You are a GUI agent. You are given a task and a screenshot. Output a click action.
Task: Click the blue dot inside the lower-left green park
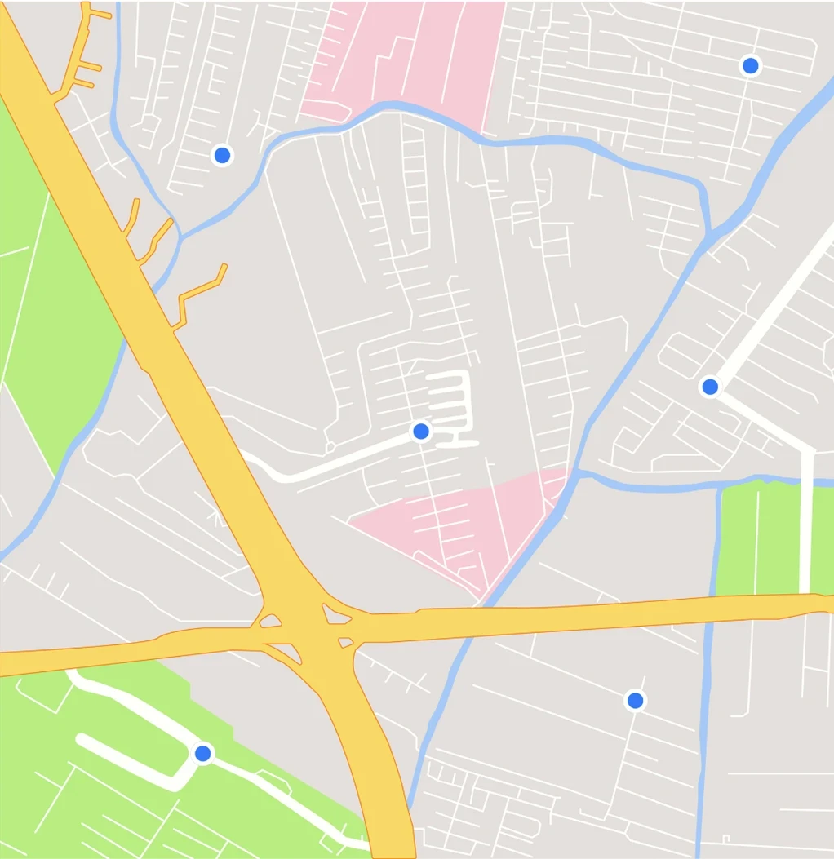click(x=203, y=753)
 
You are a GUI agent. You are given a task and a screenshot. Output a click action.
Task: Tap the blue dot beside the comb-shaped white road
click(x=421, y=431)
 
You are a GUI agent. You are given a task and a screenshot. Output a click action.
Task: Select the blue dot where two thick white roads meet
click(x=710, y=386)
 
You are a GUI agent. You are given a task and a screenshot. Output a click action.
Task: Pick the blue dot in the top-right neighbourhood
click(x=750, y=65)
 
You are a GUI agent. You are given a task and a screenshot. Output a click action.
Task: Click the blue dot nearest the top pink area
click(x=221, y=154)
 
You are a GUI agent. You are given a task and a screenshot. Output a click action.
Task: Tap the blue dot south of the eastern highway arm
click(x=635, y=700)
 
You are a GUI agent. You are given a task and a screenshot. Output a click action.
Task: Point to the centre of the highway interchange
click(x=306, y=628)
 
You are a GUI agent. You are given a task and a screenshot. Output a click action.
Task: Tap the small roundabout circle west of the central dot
click(x=330, y=447)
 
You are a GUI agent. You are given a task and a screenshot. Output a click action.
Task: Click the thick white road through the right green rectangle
click(x=806, y=530)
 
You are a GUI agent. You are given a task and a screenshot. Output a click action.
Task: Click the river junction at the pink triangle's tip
click(x=574, y=472)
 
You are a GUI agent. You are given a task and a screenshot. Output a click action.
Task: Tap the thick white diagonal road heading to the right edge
click(x=775, y=302)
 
